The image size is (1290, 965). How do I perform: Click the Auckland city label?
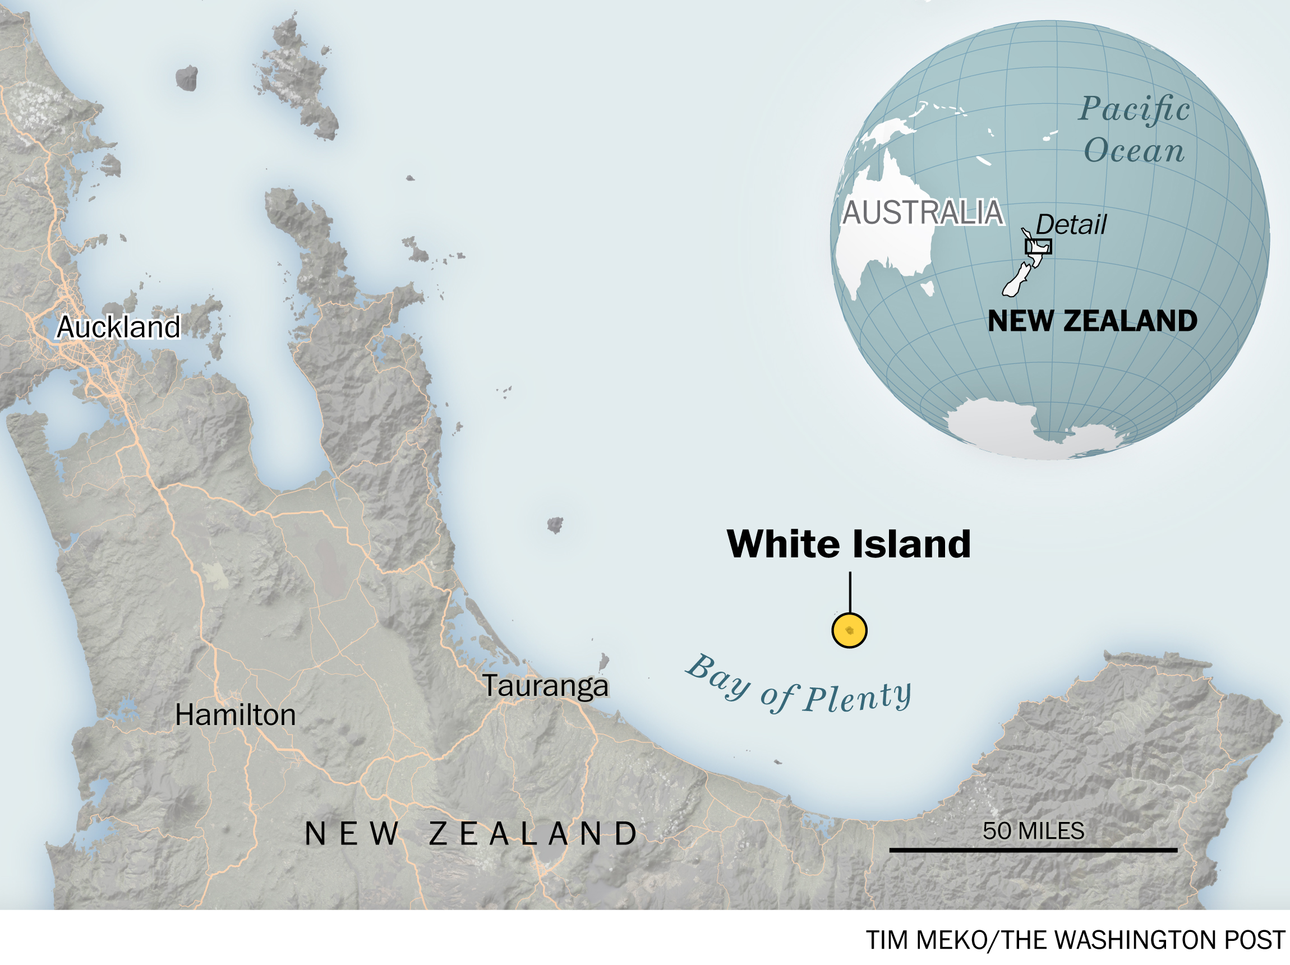click(118, 326)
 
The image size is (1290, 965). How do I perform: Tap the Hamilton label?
click(235, 715)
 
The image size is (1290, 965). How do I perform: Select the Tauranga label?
click(545, 686)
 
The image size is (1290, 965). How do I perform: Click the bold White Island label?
click(849, 544)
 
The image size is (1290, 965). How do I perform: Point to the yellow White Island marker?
click(849, 630)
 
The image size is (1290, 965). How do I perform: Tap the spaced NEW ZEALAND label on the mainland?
click(471, 834)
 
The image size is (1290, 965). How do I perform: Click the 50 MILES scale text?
click(1033, 831)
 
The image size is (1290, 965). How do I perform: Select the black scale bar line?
click(1033, 850)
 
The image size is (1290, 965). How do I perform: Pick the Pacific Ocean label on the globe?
click(1134, 130)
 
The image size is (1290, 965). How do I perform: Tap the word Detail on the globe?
click(1071, 224)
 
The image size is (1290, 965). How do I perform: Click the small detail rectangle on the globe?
click(1038, 247)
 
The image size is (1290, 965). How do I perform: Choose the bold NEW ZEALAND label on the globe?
click(1093, 321)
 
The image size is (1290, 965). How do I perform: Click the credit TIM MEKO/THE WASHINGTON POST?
click(1075, 940)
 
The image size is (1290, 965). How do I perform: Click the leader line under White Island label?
click(850, 592)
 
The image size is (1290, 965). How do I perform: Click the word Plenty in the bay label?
click(857, 697)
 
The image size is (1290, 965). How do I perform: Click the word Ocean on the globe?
click(1134, 150)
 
